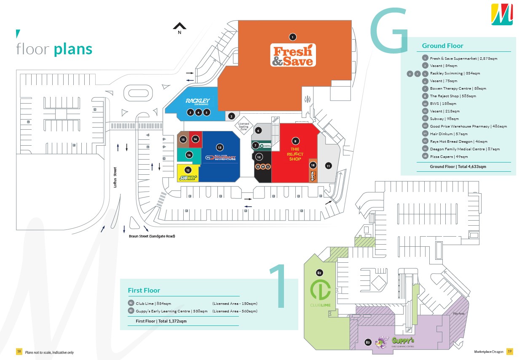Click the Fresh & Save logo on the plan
coord(293,56)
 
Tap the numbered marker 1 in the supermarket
coord(293,37)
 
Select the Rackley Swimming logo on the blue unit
coord(198,101)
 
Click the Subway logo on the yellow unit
coord(188,178)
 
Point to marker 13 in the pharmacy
coord(220,147)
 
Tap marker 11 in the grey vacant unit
coord(328,165)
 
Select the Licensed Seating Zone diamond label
coord(244,125)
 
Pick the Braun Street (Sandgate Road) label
coord(152,236)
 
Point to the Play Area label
coord(459,314)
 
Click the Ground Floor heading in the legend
coord(442,46)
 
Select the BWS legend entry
coord(443,104)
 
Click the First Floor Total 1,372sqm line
coord(161,321)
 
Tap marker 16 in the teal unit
coord(189,155)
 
